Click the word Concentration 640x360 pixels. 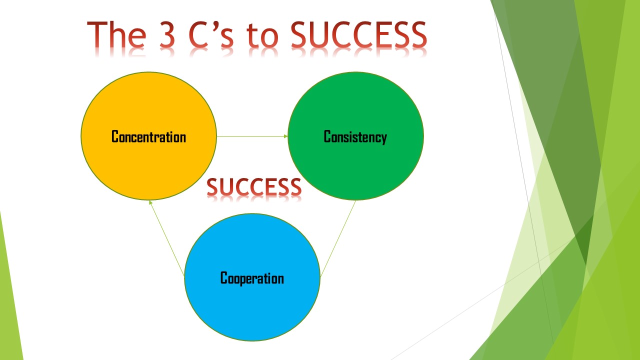pyautogui.click(x=148, y=136)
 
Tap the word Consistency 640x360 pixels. pyautogui.click(x=355, y=137)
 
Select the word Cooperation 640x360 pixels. pyautogui.click(x=252, y=278)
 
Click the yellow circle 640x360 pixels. pyautogui.click(x=148, y=136)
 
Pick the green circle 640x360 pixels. pyautogui.click(x=355, y=136)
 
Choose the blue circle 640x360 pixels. pyautogui.click(x=252, y=277)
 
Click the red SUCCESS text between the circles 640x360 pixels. pyautogui.click(x=254, y=187)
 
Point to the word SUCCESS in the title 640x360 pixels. pyautogui.click(x=358, y=34)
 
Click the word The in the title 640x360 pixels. pyautogui.click(x=116, y=34)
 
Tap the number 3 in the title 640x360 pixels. pyautogui.click(x=167, y=34)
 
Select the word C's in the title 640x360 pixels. pyautogui.click(x=211, y=34)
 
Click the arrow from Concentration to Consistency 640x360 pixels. pyautogui.click(x=252, y=136)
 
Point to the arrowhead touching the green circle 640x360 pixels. pyautogui.click(x=286, y=136)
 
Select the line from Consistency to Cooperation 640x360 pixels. pyautogui.click(x=338, y=238)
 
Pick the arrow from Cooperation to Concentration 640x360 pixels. pyautogui.click(x=167, y=238)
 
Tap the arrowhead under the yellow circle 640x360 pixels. pyautogui.click(x=150, y=202)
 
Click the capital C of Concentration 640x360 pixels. pyautogui.click(x=115, y=136)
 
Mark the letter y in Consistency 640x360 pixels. pyautogui.click(x=384, y=139)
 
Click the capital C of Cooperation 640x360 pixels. pyautogui.click(x=224, y=277)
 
